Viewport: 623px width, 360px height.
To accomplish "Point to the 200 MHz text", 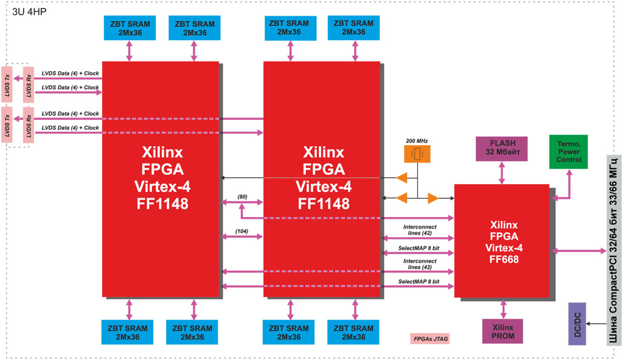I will click(417, 141).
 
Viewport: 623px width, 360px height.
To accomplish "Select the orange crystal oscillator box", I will click(417, 154).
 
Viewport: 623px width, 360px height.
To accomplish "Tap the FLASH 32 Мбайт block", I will click(502, 148).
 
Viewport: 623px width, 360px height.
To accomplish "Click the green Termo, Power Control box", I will click(569, 151).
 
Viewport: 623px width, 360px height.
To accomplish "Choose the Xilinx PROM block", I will click(503, 331).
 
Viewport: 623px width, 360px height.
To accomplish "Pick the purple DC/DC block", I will click(577, 324).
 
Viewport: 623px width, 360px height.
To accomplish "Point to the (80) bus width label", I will click(243, 196).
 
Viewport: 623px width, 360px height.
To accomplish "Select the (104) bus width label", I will click(243, 231).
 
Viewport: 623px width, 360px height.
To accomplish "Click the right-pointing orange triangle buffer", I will click(433, 198).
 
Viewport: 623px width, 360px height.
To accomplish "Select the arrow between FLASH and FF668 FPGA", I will click(502, 173).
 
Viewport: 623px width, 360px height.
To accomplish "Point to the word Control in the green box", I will click(569, 160).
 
